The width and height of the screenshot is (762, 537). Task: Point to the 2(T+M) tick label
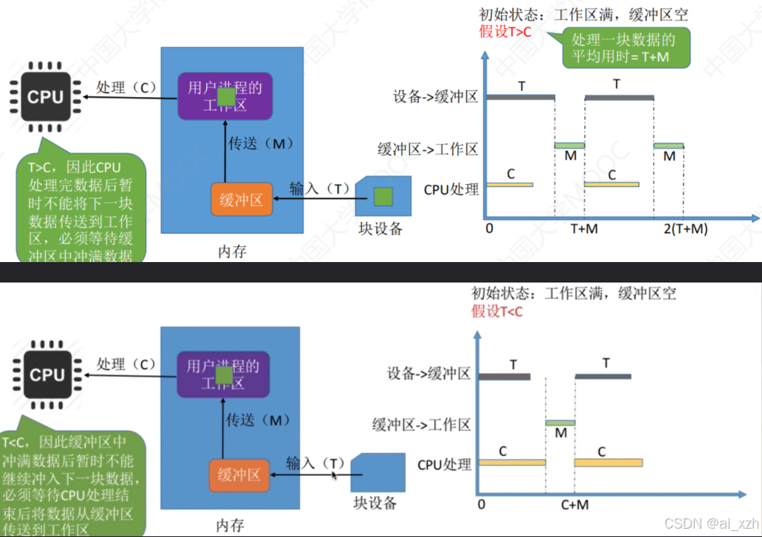679,229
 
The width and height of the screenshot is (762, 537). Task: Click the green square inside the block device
383,197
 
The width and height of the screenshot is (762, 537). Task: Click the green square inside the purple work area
226,96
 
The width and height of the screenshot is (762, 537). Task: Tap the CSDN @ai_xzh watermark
710,523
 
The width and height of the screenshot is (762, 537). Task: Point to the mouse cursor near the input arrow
334,476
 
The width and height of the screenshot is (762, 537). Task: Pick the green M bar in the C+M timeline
561,423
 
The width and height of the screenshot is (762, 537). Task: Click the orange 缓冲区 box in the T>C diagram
241,200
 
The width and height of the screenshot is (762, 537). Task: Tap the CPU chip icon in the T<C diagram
47,375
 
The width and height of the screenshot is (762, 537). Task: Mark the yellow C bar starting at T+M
612,184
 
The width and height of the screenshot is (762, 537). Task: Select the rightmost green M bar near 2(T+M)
669,145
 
